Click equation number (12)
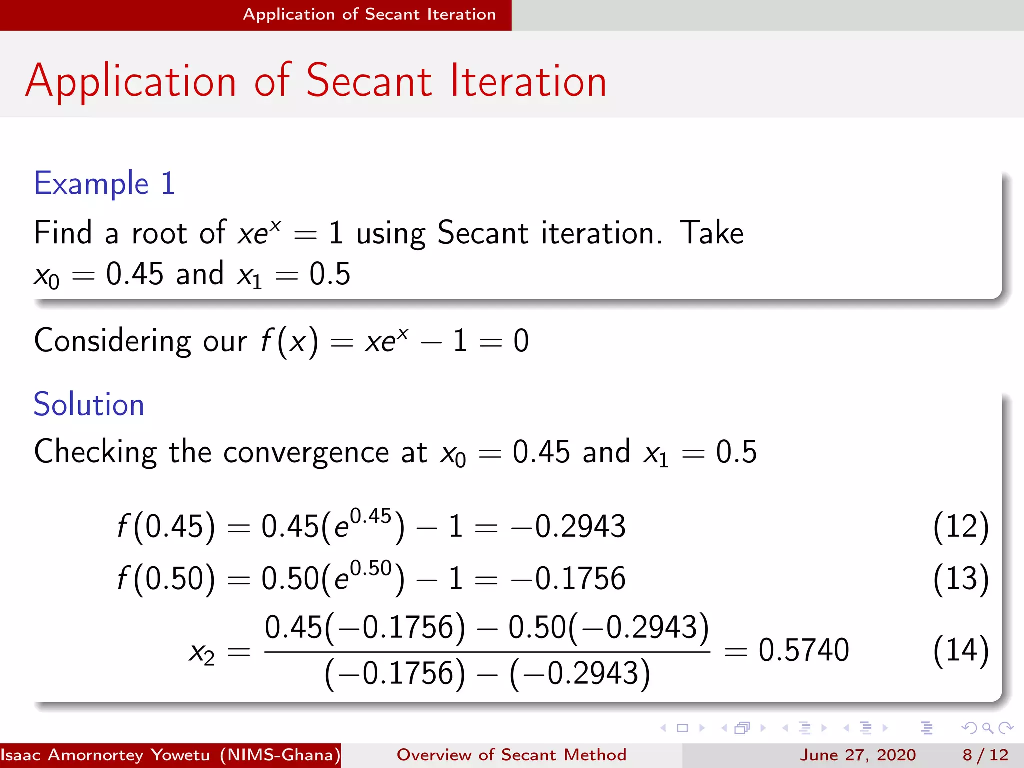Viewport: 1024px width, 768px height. pyautogui.click(x=961, y=526)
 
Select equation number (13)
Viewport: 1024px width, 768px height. pyautogui.click(x=961, y=578)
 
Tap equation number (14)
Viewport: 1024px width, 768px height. pyautogui.click(x=961, y=650)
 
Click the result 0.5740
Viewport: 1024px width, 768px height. pyautogui.click(x=803, y=650)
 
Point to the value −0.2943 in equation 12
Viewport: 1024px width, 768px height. pyautogui.click(x=568, y=526)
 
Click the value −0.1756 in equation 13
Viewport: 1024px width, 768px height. pyautogui.click(x=568, y=578)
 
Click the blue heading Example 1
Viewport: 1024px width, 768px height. pyautogui.click(x=104, y=183)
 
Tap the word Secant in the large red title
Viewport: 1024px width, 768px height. pyautogui.click(x=369, y=81)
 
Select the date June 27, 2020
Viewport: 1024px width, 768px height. pyautogui.click(x=857, y=755)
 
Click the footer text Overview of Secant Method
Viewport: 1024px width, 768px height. pyautogui.click(x=511, y=755)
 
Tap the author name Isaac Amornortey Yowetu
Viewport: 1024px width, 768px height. pyautogui.click(x=105, y=755)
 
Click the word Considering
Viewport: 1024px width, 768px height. pyautogui.click(x=113, y=341)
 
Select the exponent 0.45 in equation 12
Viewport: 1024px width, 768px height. pyautogui.click(x=370, y=516)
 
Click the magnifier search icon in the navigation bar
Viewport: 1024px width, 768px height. pyautogui.click(x=987, y=728)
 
